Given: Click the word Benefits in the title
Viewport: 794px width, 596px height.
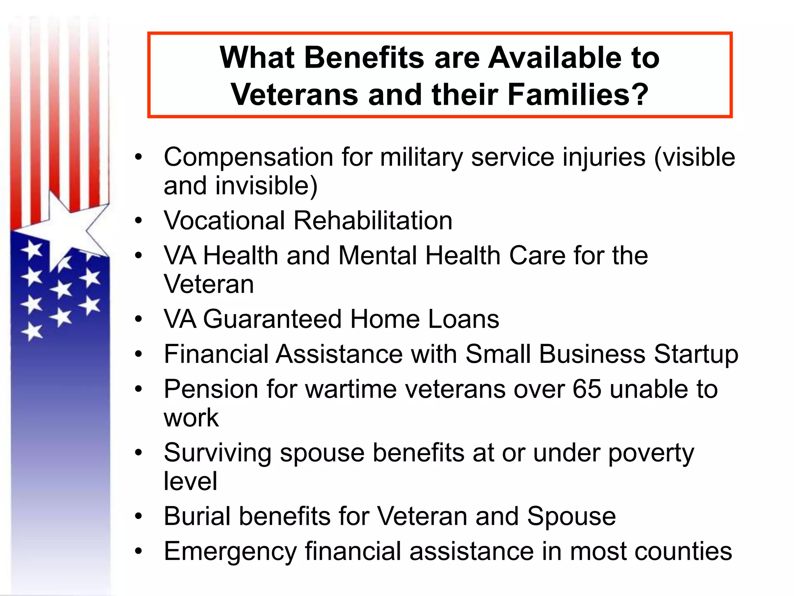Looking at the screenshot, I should point(364,57).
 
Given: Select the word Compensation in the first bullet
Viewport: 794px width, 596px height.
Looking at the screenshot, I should point(248,158).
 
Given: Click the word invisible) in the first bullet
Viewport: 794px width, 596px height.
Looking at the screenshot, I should point(266,186).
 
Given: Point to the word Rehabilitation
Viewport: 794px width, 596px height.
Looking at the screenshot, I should point(373,220).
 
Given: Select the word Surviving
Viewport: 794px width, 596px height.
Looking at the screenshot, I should point(217,453).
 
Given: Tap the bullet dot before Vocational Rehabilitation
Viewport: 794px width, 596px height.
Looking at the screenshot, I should point(138,221).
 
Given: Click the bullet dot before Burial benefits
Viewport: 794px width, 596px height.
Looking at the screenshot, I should point(138,517).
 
